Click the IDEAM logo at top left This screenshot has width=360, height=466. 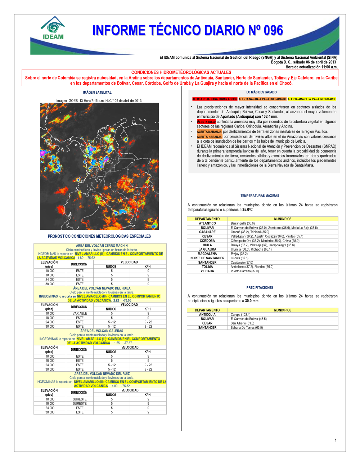(x=53, y=28)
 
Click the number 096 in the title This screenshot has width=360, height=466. (x=273, y=31)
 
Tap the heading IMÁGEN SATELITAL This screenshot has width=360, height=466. (x=97, y=93)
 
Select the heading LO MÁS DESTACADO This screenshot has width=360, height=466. (x=261, y=92)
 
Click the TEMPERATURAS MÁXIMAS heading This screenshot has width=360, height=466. (x=260, y=196)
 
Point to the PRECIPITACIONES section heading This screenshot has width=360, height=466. (x=260, y=288)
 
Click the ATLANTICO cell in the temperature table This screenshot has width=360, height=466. (x=207, y=223)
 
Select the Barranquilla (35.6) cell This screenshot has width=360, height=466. (x=243, y=223)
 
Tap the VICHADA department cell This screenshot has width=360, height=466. (x=207, y=271)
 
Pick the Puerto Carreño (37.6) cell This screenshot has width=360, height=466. (x=245, y=271)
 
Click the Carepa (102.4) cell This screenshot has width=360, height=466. (x=240, y=314)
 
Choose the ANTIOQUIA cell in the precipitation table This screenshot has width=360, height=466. (x=207, y=314)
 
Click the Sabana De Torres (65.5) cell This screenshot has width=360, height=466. (x=247, y=328)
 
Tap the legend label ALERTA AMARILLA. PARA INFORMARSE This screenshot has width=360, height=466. (x=312, y=99)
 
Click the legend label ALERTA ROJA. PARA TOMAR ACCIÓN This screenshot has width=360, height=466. (x=215, y=99)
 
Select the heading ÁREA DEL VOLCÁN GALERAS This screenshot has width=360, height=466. (x=102, y=331)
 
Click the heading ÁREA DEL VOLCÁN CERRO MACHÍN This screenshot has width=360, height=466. (x=102, y=246)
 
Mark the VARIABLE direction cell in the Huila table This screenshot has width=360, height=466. (x=80, y=313)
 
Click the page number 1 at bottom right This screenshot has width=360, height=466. (x=336, y=440)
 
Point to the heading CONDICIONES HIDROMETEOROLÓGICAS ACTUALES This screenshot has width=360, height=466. (x=181, y=72)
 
